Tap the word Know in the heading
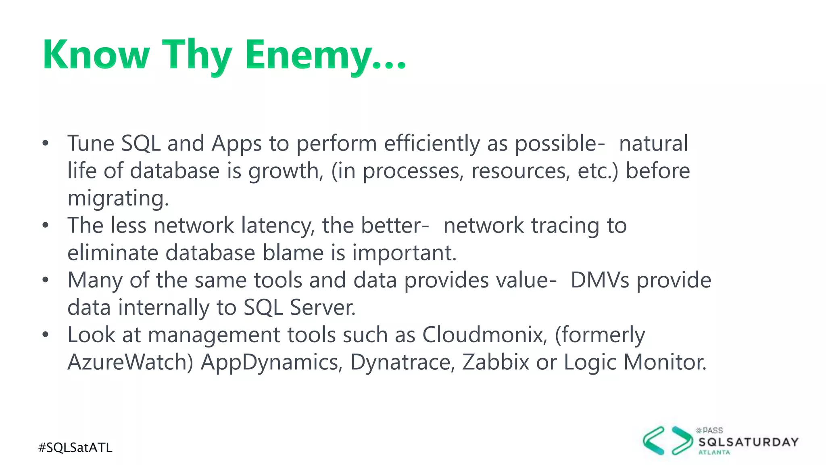[x=96, y=55]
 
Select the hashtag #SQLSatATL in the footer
[x=75, y=448]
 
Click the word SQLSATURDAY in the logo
[x=748, y=442]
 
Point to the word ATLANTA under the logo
[x=714, y=452]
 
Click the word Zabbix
[x=495, y=362]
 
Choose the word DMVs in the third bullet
[x=600, y=280]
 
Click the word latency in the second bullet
[x=278, y=225]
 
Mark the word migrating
[x=118, y=199]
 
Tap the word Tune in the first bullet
[x=91, y=143]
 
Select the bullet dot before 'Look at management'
[x=45, y=335]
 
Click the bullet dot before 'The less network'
[x=45, y=225]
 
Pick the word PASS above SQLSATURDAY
[x=713, y=431]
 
